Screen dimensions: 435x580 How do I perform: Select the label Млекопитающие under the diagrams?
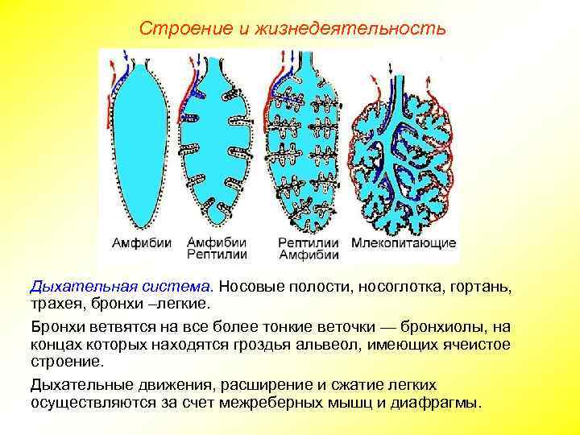tap(404, 242)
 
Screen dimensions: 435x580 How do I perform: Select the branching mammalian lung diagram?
tap(403, 153)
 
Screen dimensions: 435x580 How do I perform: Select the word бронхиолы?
tap(445, 328)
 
